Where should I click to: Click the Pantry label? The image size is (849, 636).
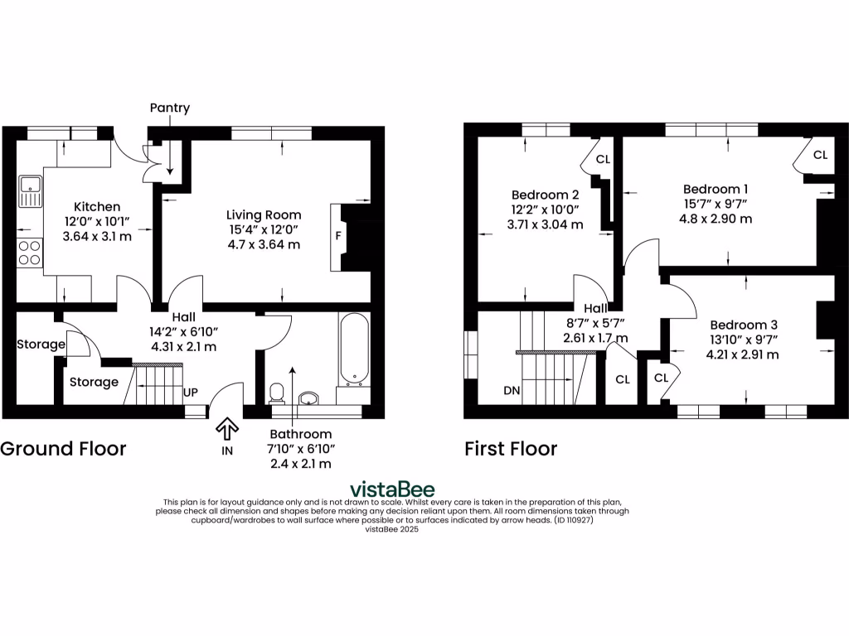(169, 108)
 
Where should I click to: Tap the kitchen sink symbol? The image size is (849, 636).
(30, 192)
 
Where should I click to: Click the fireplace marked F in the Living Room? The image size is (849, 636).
(338, 237)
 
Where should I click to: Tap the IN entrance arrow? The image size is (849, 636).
(226, 428)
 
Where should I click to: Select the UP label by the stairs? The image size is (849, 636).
(190, 391)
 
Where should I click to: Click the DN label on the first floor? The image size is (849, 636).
(511, 391)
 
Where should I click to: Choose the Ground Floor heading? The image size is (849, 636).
(63, 449)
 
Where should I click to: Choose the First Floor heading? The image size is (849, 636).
(511, 449)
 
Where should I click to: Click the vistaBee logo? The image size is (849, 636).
(391, 489)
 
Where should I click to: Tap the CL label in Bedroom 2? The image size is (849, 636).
(603, 159)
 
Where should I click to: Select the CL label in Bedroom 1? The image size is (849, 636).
(819, 155)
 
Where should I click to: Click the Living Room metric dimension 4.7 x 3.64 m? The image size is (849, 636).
(264, 245)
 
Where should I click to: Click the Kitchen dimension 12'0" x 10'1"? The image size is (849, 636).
(98, 221)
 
